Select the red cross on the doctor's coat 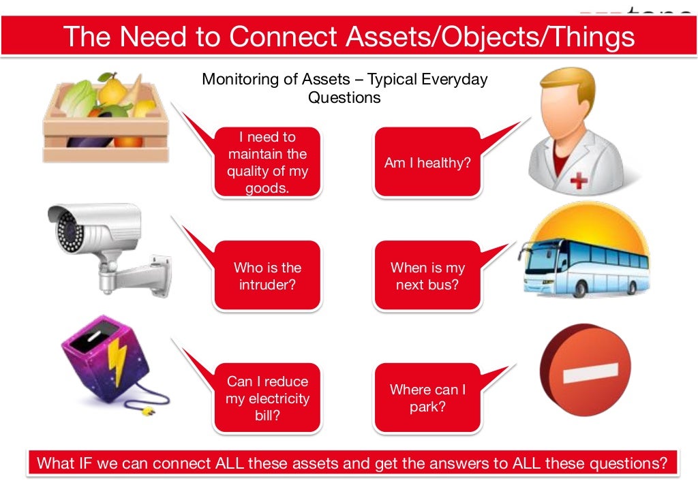pos(579,181)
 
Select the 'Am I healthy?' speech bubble pos(427,163)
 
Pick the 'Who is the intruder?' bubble pos(267,276)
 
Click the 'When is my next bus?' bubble pos(427,276)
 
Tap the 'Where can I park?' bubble pos(427,398)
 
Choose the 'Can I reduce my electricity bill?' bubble pos(267,398)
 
